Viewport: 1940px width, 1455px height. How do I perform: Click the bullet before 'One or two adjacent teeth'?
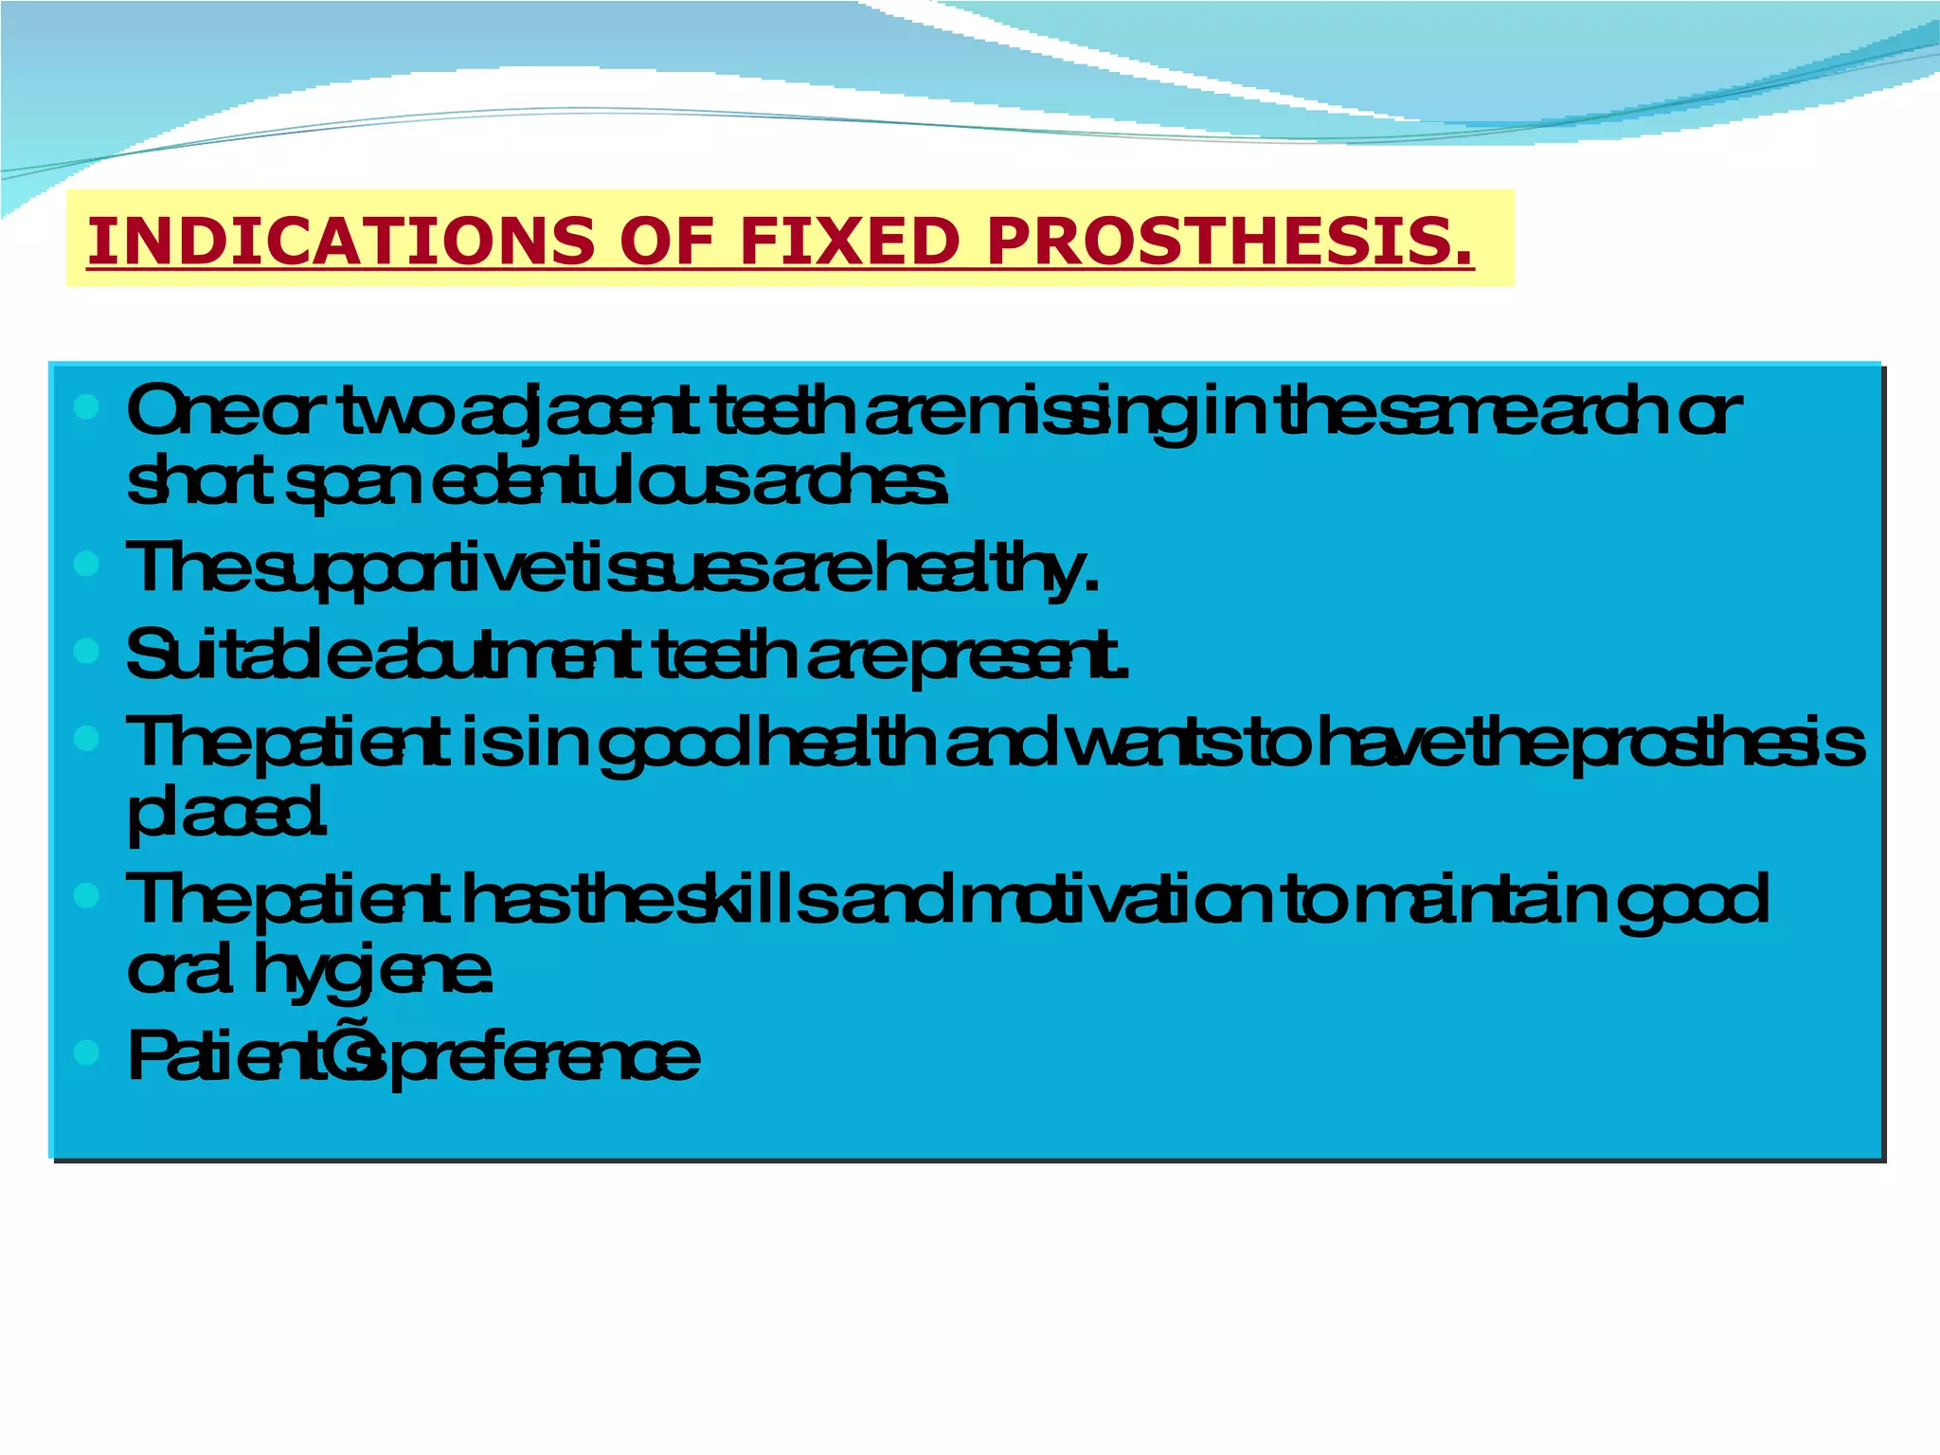point(86,408)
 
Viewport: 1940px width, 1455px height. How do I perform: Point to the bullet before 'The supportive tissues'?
point(86,565)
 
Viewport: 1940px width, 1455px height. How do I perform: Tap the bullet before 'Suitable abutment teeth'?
point(86,651)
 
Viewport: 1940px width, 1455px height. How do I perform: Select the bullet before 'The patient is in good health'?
point(86,738)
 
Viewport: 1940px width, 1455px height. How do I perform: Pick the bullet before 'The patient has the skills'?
point(86,895)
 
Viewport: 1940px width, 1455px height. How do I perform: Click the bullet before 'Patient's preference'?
point(86,1051)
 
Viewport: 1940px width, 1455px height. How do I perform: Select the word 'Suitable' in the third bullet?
point(245,655)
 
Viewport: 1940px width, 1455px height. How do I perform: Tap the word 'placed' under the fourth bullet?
point(227,814)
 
